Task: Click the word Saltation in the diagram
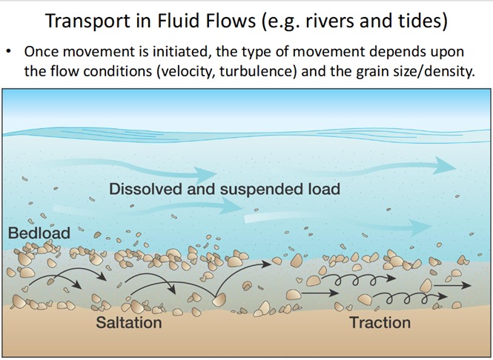[129, 323]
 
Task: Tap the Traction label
[380, 323]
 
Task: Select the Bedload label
[39, 233]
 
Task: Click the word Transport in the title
[87, 21]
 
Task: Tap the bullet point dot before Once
[10, 51]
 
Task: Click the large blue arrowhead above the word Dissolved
[205, 174]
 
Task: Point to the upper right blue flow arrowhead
[444, 165]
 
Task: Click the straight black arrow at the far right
[452, 285]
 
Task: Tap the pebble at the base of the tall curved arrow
[219, 300]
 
